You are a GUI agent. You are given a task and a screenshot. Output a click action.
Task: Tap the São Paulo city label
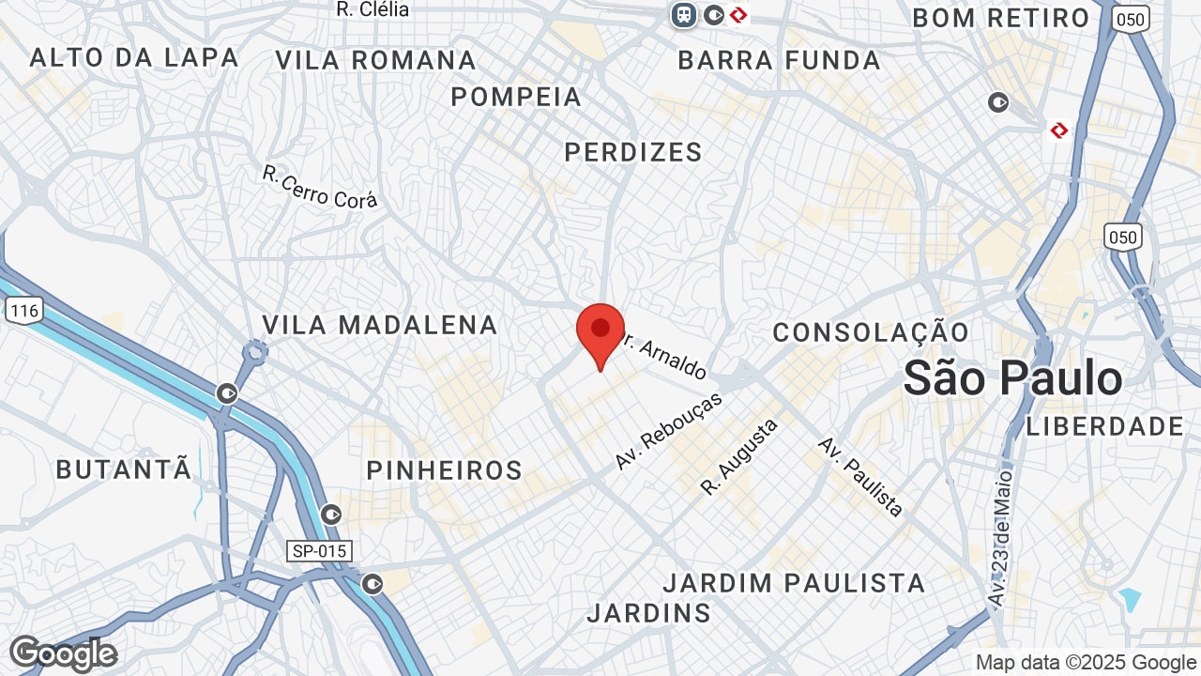pyautogui.click(x=1012, y=378)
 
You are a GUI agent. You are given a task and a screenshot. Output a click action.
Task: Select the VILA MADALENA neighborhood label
pyautogui.click(x=379, y=325)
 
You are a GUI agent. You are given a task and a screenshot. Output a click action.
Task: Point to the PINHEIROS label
pyautogui.click(x=444, y=470)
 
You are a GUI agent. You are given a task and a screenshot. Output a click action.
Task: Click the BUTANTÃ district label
pyautogui.click(x=123, y=469)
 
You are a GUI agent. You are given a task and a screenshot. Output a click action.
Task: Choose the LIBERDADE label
pyautogui.click(x=1105, y=426)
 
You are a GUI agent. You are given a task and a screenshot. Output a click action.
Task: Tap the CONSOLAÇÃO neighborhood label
pyautogui.click(x=871, y=332)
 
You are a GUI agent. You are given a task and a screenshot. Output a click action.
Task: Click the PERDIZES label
pyautogui.click(x=633, y=152)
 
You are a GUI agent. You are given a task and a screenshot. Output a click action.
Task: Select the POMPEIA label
pyautogui.click(x=516, y=97)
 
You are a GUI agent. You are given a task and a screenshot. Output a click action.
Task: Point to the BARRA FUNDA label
pyautogui.click(x=779, y=61)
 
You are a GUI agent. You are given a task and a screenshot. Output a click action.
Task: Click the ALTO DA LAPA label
pyautogui.click(x=134, y=57)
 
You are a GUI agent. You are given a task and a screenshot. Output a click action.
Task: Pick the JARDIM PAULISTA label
pyautogui.click(x=794, y=583)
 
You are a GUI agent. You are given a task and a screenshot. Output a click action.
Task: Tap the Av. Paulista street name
pyautogui.click(x=860, y=477)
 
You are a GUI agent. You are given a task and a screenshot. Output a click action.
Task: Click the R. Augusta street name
pyautogui.click(x=739, y=457)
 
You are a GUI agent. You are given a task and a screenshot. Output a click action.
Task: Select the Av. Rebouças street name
pyautogui.click(x=669, y=430)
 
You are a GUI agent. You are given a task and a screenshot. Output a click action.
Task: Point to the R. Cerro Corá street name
pyautogui.click(x=319, y=187)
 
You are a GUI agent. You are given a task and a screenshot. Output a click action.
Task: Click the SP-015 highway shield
pyautogui.click(x=319, y=551)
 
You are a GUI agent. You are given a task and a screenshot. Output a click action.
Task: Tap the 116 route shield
pyautogui.click(x=23, y=310)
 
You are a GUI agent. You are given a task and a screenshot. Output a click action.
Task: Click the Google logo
pyautogui.click(x=63, y=653)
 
